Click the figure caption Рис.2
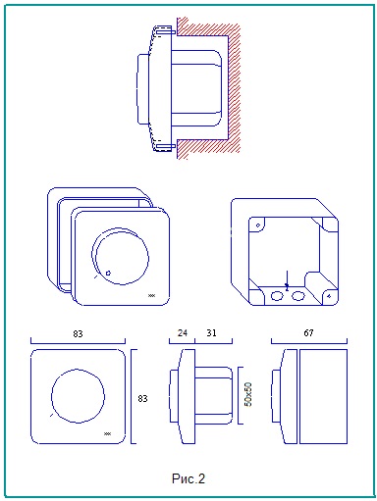click(x=188, y=478)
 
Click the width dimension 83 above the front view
click(x=78, y=333)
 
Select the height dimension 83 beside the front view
click(x=142, y=398)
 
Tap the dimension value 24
click(x=183, y=332)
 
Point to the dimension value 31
click(x=211, y=332)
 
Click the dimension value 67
click(x=308, y=332)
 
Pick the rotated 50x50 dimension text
click(x=248, y=394)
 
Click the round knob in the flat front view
click(x=78, y=396)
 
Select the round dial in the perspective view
click(x=121, y=256)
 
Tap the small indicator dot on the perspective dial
click(x=108, y=273)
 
